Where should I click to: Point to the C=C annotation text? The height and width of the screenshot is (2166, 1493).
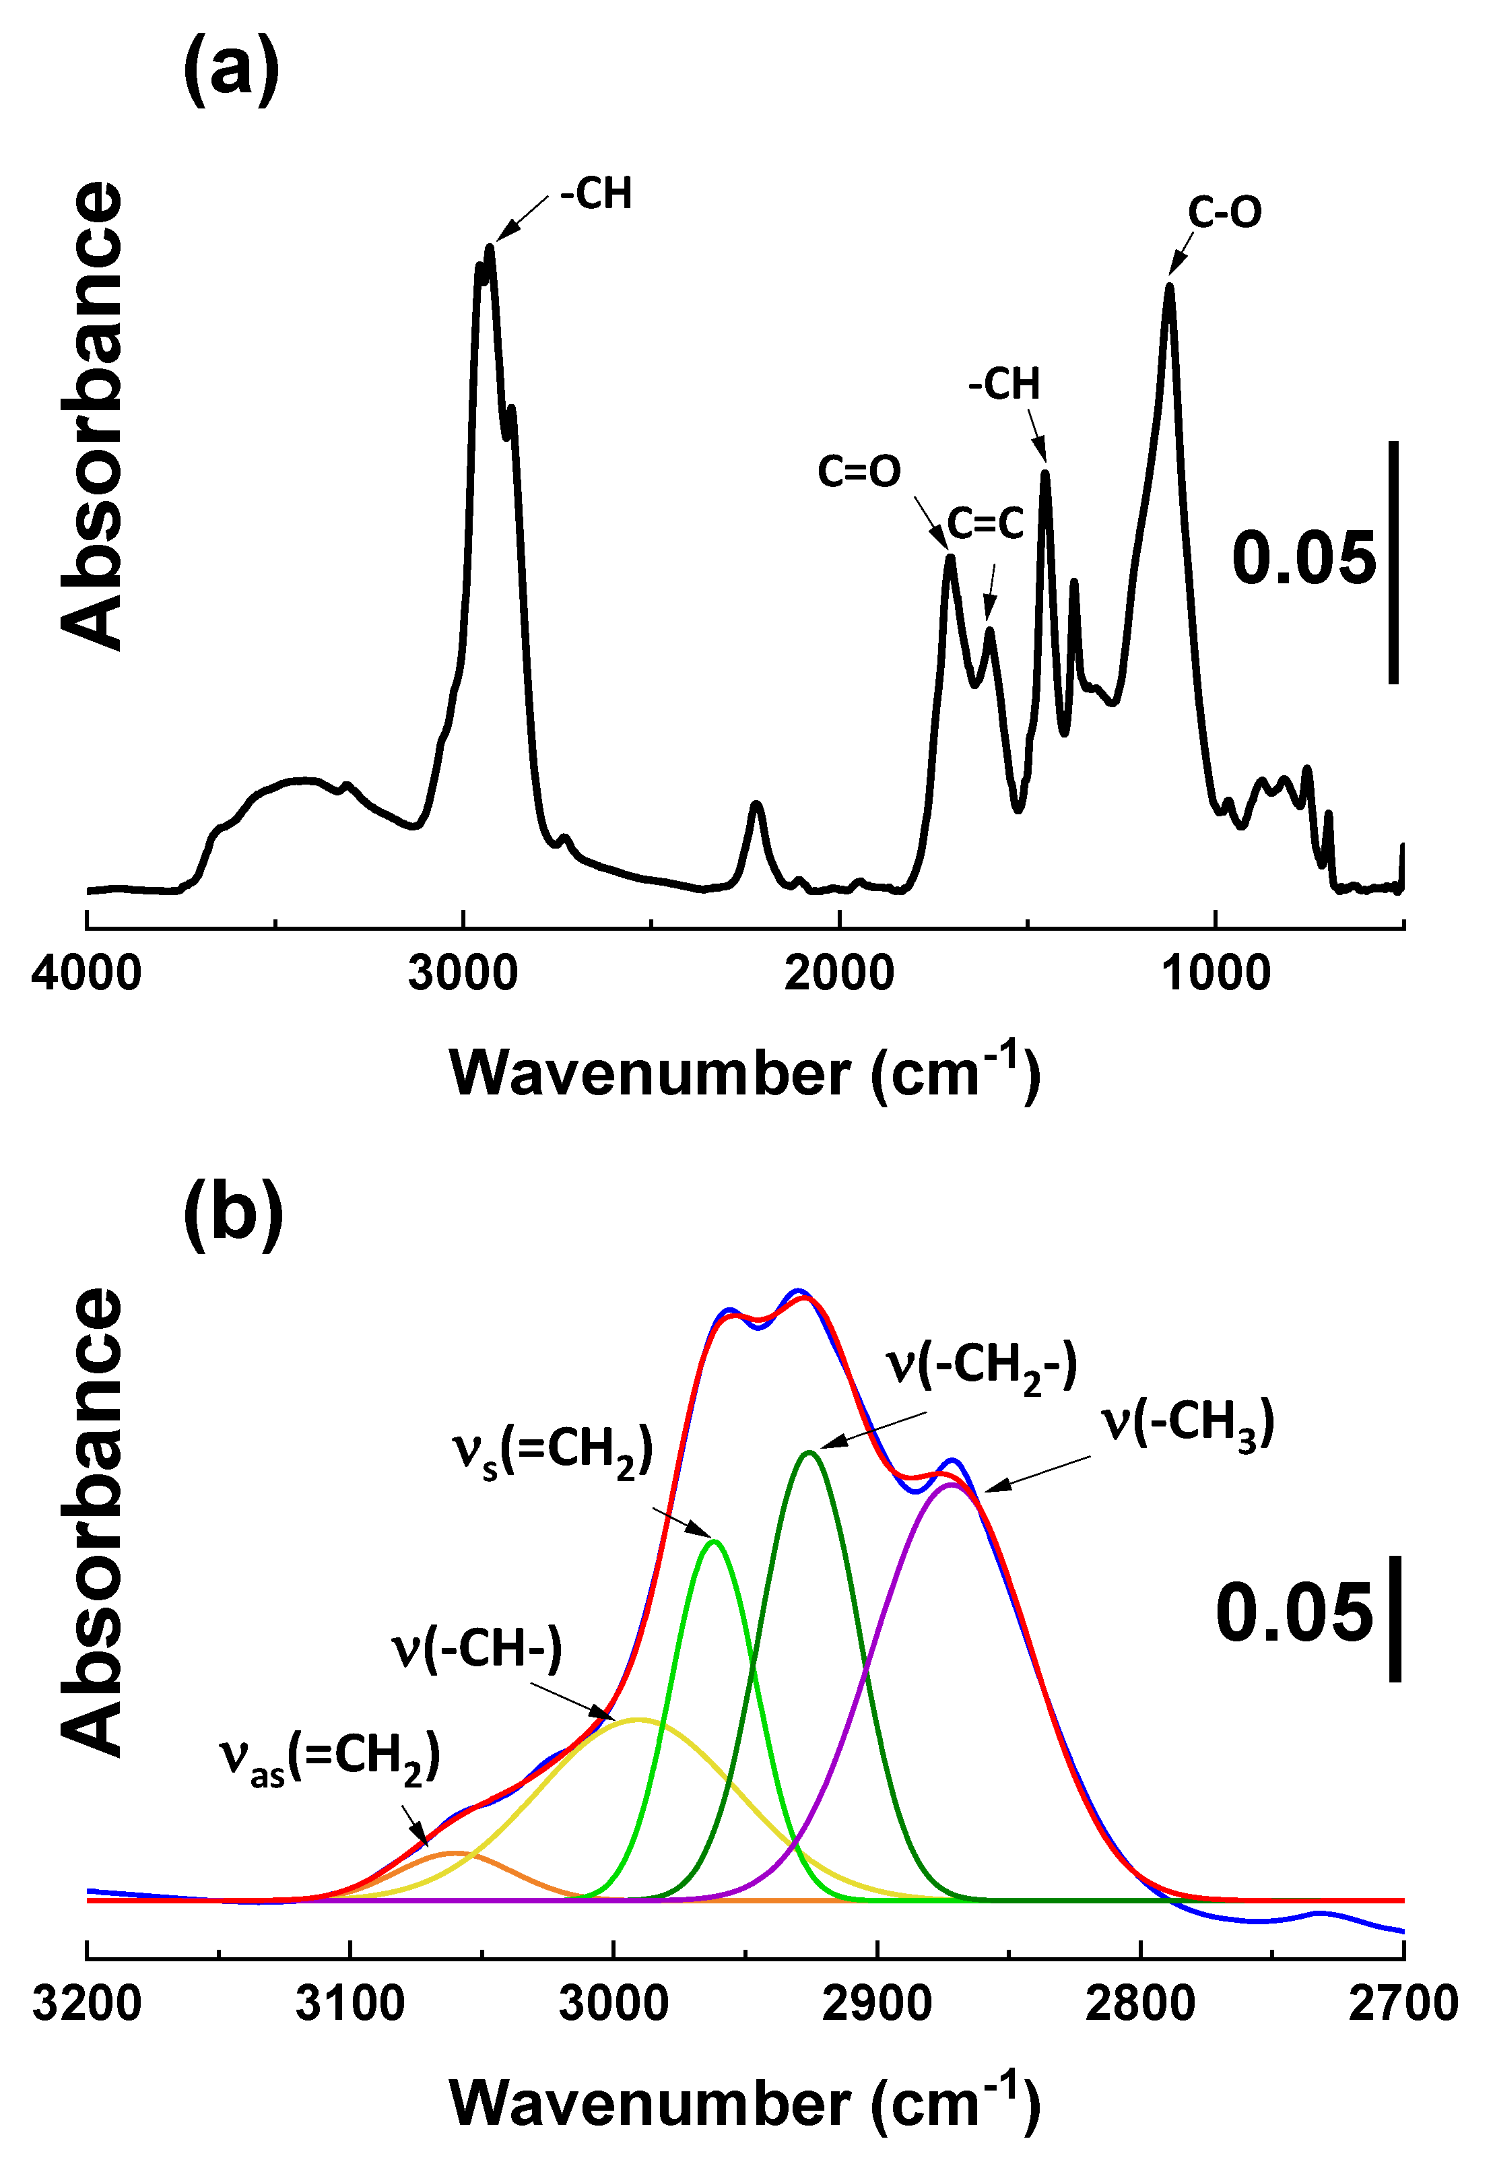click(985, 524)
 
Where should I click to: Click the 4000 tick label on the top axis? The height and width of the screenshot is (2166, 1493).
click(86, 973)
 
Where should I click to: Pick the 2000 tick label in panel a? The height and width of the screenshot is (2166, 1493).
click(839, 973)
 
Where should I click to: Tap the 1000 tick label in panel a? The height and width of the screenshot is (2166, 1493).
click(1215, 973)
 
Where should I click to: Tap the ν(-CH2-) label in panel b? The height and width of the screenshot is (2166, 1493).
click(983, 1368)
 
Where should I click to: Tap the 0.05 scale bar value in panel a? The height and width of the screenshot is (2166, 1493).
click(1303, 560)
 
